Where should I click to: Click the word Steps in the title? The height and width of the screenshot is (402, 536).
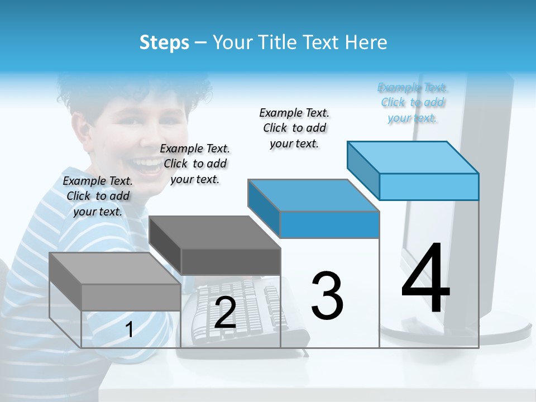[164, 42]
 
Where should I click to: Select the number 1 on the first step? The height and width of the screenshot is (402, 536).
[130, 330]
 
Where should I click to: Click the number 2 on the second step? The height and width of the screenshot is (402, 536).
[225, 313]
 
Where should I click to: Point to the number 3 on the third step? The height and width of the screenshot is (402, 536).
[327, 296]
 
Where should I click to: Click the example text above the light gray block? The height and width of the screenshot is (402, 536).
[98, 196]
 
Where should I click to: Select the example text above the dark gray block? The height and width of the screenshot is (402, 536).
[195, 164]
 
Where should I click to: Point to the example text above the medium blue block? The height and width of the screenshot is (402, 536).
[294, 128]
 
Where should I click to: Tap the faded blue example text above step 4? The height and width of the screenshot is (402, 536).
[413, 102]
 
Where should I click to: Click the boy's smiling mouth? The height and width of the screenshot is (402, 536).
[148, 166]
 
